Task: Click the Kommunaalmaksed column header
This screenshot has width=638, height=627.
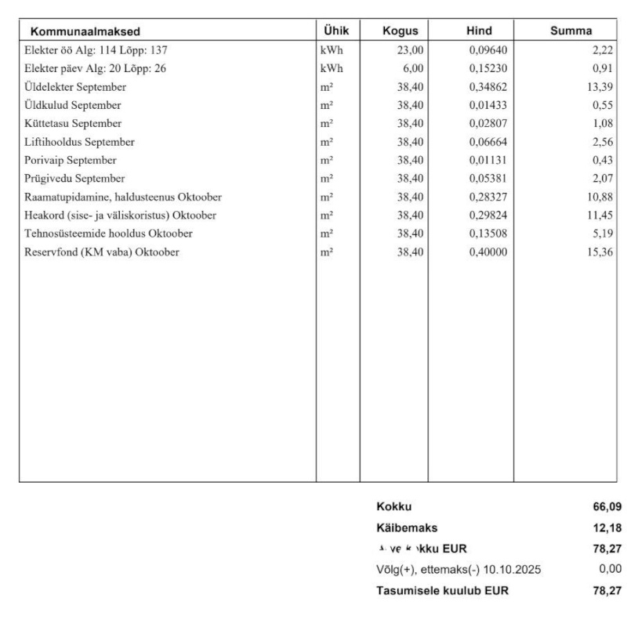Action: coord(85,31)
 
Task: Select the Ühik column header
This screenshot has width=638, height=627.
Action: coord(337,31)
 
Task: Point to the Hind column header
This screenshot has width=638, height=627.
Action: coord(478,31)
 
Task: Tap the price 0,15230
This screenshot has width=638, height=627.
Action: coord(486,68)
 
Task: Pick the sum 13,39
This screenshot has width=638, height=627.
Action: coord(600,86)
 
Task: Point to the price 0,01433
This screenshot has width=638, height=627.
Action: coord(486,105)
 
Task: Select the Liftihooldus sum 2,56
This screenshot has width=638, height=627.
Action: coord(603,142)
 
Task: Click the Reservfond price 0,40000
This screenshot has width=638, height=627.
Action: coord(486,252)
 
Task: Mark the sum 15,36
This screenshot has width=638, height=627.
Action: coord(600,252)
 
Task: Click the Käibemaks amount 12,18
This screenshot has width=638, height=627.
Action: coord(608,527)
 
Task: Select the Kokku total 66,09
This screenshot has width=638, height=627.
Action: coord(608,507)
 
